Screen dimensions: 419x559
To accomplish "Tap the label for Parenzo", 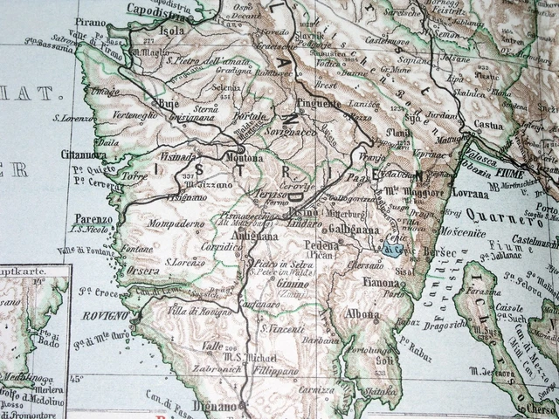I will [x=93, y=219].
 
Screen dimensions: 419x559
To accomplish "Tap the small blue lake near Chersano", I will [x=393, y=249].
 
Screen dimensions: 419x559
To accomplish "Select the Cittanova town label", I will [x=83, y=155].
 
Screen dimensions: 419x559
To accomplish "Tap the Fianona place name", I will [x=381, y=282].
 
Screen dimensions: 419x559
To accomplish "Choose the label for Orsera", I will [x=141, y=270].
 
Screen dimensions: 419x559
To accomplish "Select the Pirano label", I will [x=90, y=22].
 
